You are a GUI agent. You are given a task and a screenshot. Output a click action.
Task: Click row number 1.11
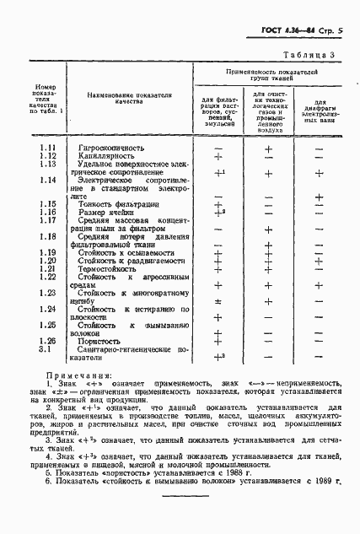coord(48,148)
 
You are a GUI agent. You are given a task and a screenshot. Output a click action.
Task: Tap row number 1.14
coord(48,181)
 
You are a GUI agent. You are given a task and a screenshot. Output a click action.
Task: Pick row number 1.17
coord(48,220)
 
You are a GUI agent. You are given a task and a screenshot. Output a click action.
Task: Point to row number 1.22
coord(48,277)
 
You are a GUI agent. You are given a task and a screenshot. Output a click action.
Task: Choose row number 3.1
coord(48,348)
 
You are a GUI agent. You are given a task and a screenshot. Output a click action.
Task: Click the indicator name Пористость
coord(105,340)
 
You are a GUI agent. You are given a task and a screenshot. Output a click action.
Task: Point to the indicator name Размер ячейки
coord(108,213)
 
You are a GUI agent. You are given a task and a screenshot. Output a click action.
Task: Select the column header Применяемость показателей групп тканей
coord(271,77)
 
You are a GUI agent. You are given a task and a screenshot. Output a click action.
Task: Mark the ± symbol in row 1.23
coord(218,300)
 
